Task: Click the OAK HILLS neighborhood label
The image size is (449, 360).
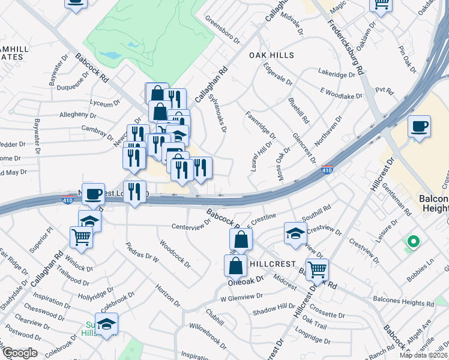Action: (272, 55)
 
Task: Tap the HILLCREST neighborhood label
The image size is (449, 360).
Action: (273, 264)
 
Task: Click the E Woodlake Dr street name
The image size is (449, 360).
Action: (341, 92)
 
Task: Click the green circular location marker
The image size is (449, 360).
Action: (412, 243)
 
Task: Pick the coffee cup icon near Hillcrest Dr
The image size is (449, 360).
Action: (419, 127)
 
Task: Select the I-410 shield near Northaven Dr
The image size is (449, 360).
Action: (327, 170)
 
